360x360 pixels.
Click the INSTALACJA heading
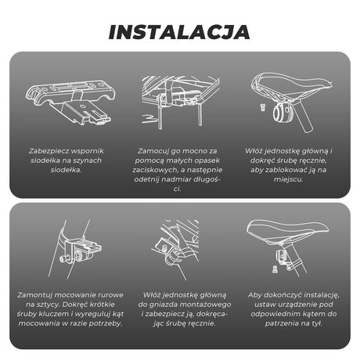click(179, 32)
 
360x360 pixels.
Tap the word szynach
click(88, 160)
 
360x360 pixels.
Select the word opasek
click(207, 160)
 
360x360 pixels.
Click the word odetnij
click(146, 179)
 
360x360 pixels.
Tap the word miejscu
click(289, 179)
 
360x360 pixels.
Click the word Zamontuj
click(34, 295)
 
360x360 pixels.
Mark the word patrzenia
click(281, 323)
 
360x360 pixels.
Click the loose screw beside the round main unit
click(263, 107)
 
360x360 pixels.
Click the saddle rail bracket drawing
click(70, 103)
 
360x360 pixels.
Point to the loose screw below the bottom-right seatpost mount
click(275, 269)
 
